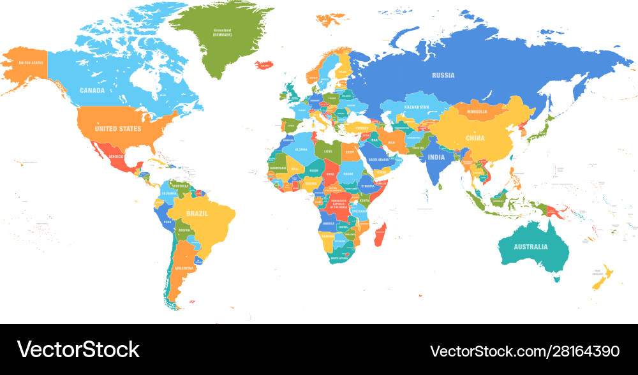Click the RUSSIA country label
443,75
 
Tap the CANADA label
92,91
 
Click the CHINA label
475,138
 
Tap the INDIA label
436,157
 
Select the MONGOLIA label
476,112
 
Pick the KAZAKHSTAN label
416,107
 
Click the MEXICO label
115,156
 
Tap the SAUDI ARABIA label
378,159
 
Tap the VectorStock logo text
78,349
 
